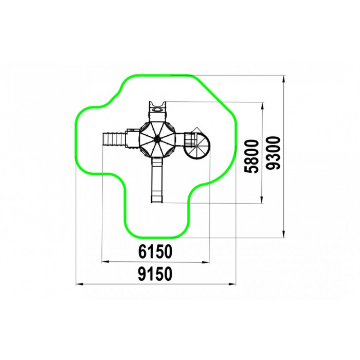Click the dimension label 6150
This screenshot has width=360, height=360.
pyautogui.click(x=155, y=251)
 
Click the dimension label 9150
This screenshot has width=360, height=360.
pyautogui.click(x=155, y=274)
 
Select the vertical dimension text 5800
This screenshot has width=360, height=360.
pyautogui.click(x=251, y=156)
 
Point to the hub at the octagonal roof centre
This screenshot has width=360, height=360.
pyautogui.click(x=157, y=139)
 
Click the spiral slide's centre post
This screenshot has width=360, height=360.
pyautogui.click(x=197, y=146)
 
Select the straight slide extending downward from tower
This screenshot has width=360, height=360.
pyautogui.click(x=157, y=181)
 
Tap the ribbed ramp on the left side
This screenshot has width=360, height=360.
pyautogui.click(x=114, y=139)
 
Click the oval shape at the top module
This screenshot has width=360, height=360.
pyautogui.click(x=157, y=110)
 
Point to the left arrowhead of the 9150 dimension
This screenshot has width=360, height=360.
pyautogui.click(x=79, y=284)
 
